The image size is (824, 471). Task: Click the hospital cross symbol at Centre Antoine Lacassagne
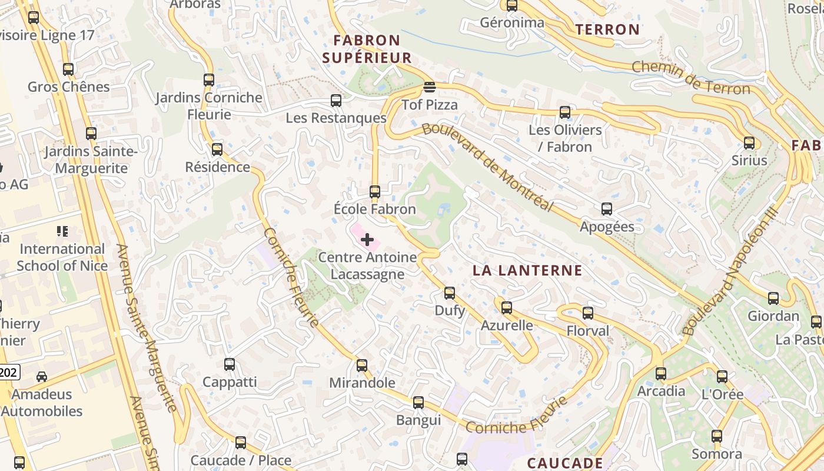[x=367, y=240]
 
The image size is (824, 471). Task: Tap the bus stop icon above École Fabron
[x=375, y=191]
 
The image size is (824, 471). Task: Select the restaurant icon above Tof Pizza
[x=430, y=88]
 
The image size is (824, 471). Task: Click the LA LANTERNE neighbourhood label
[x=528, y=271]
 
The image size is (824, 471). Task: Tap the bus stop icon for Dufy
[x=450, y=293]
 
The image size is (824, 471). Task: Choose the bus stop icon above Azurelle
[x=507, y=307]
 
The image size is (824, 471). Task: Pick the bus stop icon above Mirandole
[x=362, y=365]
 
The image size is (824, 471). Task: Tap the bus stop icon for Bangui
[x=418, y=403]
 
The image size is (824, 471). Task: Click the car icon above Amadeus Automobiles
[x=42, y=376]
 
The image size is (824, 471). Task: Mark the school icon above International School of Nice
[x=62, y=231]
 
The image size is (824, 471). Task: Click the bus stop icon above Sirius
[x=749, y=142]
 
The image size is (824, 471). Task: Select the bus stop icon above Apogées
[x=607, y=208]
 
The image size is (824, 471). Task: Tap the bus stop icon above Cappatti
[x=230, y=364]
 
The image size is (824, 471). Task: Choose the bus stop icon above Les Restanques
[x=336, y=100]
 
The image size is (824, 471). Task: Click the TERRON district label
[x=607, y=29]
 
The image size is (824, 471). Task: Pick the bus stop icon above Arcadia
[x=661, y=373]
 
